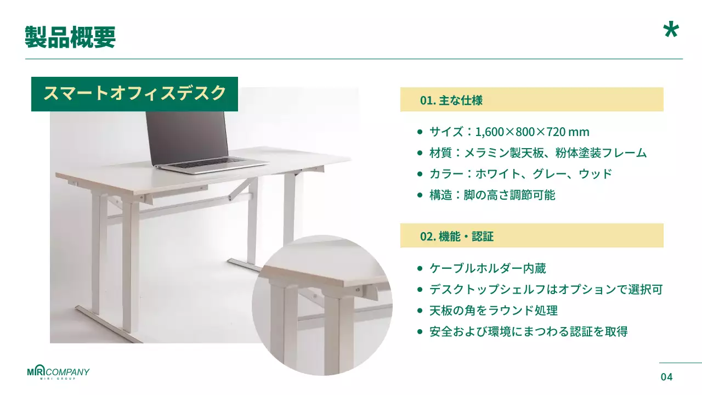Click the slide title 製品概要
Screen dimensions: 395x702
point(70,37)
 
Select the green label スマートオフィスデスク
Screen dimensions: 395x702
point(134,93)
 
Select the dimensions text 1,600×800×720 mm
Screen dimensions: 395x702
point(532,132)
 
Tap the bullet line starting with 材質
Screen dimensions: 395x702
point(537,153)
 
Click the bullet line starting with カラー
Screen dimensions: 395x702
point(520,174)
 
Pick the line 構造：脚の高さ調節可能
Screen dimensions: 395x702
point(492,195)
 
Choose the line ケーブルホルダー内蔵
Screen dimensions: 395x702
point(487,268)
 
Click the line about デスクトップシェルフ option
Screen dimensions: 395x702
point(546,289)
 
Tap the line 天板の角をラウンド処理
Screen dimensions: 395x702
point(493,311)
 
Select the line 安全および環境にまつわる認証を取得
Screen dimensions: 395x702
point(528,331)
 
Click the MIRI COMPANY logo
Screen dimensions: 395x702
point(58,373)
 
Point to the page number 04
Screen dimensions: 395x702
point(666,377)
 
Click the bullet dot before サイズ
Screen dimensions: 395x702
point(420,132)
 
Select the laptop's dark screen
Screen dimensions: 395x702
point(186,134)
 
